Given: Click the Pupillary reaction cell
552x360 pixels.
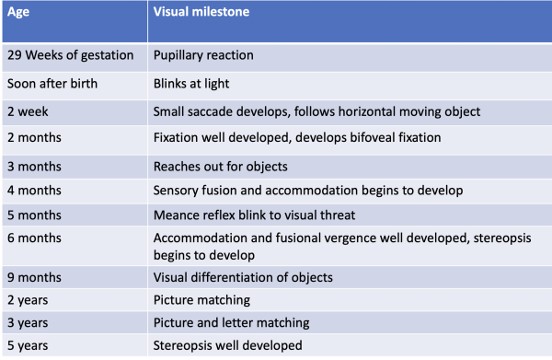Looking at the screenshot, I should point(203,55).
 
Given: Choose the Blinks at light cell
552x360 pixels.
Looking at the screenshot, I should point(192,84).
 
